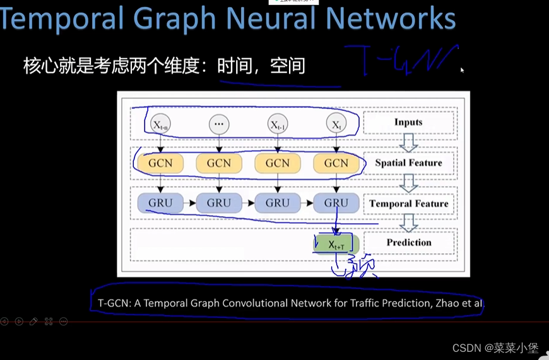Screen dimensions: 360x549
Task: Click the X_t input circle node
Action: tap(336, 124)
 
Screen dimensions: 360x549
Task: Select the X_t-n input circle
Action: tap(160, 124)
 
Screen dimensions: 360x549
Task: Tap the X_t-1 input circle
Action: tap(278, 124)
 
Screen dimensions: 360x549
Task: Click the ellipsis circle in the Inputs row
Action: tap(219, 124)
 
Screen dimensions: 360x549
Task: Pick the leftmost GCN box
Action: tap(160, 163)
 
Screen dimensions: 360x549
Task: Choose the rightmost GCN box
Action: tap(336, 163)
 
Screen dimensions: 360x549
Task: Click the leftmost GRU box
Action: tap(160, 203)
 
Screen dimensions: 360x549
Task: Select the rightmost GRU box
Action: tap(336, 203)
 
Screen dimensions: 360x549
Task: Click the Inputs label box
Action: tap(408, 122)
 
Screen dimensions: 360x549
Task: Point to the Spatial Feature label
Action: tap(408, 163)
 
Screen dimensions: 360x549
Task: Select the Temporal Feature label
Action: tap(408, 203)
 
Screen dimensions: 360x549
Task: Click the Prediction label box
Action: tap(408, 242)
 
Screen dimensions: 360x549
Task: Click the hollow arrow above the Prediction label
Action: tap(409, 223)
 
